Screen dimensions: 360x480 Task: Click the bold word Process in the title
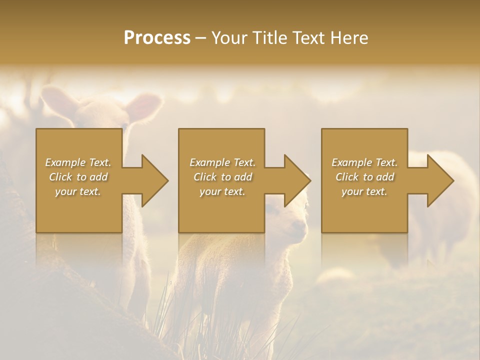click(157, 37)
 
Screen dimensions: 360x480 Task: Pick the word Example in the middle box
click(209, 162)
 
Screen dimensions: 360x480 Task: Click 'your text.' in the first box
click(78, 191)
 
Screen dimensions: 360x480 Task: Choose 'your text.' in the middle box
click(222, 191)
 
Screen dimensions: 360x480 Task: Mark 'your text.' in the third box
click(364, 191)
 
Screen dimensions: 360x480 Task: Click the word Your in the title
click(227, 37)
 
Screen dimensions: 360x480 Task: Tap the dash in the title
click(200, 38)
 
